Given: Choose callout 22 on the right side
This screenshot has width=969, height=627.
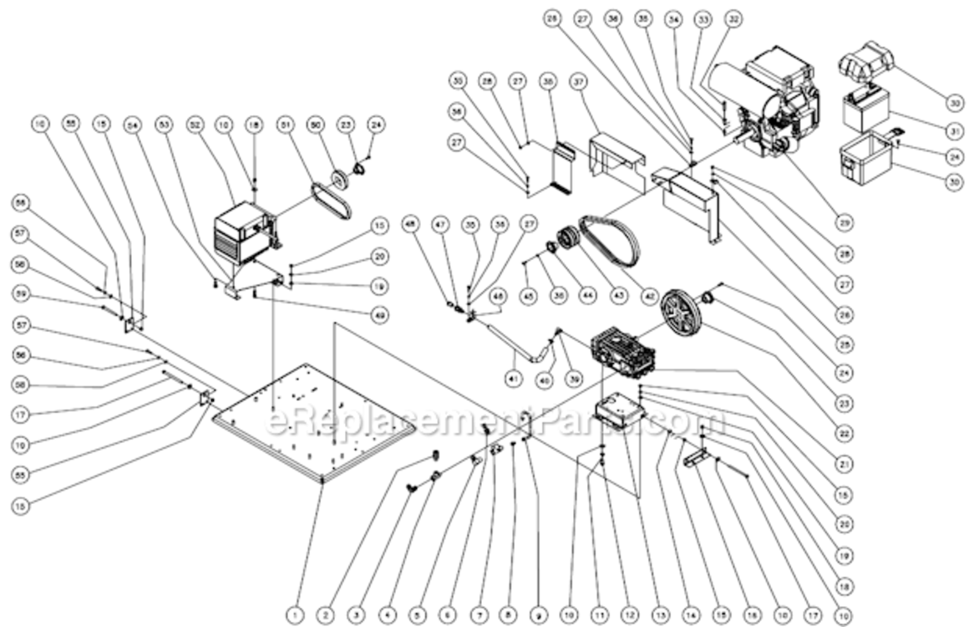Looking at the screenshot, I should tap(845, 435).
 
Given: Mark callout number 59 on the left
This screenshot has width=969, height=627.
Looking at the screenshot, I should tap(21, 294).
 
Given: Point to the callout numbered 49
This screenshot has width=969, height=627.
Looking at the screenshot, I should tap(381, 314).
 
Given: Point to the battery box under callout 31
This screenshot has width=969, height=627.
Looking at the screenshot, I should tap(864, 159).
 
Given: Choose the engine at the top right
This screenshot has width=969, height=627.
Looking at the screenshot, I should tap(773, 104).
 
